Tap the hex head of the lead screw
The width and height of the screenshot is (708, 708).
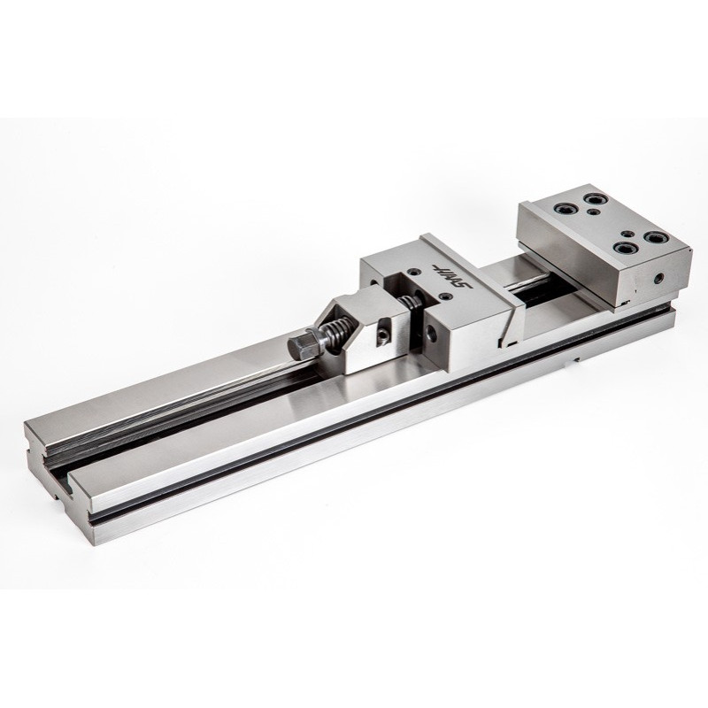(x=300, y=347)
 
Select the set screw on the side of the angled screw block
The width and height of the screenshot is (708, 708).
(x=383, y=335)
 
